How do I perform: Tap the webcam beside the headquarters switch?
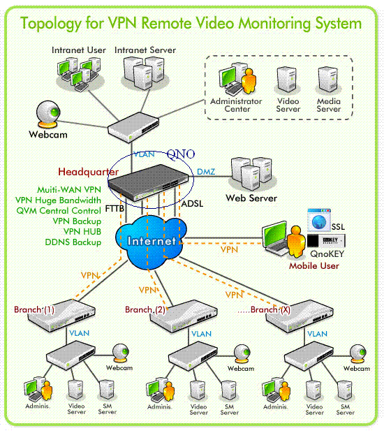click(x=48, y=115)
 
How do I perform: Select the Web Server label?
click(x=251, y=198)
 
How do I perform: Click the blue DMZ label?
click(x=206, y=172)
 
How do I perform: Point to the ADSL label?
click(x=193, y=204)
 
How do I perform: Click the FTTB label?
click(x=115, y=209)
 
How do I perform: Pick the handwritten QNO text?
click(x=181, y=154)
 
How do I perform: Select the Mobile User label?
click(x=314, y=266)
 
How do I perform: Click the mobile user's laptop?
click(x=274, y=237)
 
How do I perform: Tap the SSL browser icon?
click(x=319, y=220)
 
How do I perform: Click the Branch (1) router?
click(x=61, y=316)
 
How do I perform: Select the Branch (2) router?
click(x=184, y=316)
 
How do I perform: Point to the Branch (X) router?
click(x=300, y=316)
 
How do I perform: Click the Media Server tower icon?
click(x=327, y=80)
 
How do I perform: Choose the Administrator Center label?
click(x=236, y=105)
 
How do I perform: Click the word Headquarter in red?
click(x=89, y=172)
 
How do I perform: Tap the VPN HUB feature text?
click(x=82, y=231)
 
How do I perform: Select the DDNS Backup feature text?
click(x=73, y=242)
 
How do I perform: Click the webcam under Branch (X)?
click(x=357, y=353)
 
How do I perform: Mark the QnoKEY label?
click(x=327, y=254)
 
